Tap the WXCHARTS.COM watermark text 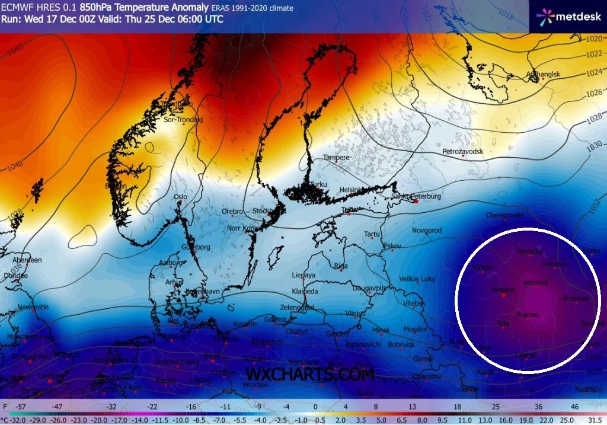point(309,375)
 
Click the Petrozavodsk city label point(463,152)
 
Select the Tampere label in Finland point(336,157)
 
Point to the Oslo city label point(180,197)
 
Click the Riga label point(340,266)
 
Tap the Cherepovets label point(504,215)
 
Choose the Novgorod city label point(427,230)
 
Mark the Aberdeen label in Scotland point(27,260)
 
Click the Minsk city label point(381,330)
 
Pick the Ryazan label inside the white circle point(528,314)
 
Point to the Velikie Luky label point(417,279)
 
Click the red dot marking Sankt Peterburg point(416,202)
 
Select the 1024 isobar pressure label point(593,73)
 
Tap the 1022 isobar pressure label point(593,54)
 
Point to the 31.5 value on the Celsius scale point(594,419)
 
